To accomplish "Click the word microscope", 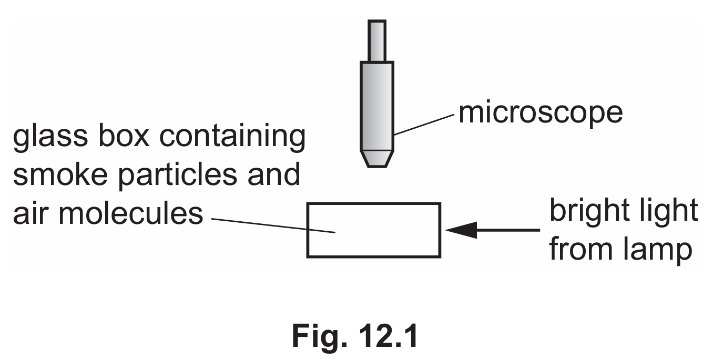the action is click(x=541, y=113).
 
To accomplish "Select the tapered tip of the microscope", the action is click(x=377, y=159).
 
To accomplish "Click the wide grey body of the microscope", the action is click(x=377, y=106).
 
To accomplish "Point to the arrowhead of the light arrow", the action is click(x=462, y=230).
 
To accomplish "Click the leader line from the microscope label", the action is click(x=424, y=125).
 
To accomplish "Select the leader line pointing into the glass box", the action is click(x=273, y=226).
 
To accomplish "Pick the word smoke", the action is click(x=60, y=174).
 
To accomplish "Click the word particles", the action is click(x=178, y=176).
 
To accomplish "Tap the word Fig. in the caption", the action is click(x=319, y=336).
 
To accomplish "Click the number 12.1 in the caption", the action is click(x=388, y=336).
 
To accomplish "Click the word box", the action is click(x=124, y=136).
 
